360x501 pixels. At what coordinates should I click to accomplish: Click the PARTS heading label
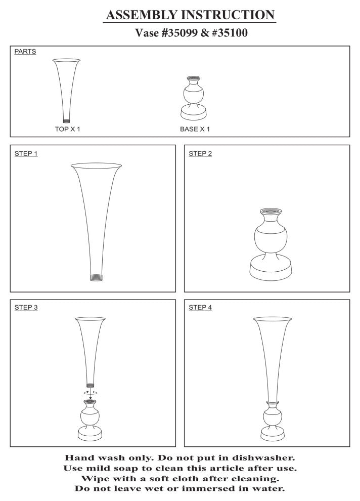[x=25, y=52]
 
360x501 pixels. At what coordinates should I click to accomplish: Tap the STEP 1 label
[x=26, y=154]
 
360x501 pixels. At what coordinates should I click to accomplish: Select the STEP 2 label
[x=200, y=154]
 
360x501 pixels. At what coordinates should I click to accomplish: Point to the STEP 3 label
[x=26, y=307]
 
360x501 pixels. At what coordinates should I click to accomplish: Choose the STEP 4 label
[x=200, y=307]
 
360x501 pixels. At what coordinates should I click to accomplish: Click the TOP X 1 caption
[x=67, y=129]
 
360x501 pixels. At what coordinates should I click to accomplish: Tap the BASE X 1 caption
[x=195, y=129]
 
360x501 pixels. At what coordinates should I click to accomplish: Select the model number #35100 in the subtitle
[x=229, y=33]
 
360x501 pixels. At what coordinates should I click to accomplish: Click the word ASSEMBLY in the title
[x=142, y=15]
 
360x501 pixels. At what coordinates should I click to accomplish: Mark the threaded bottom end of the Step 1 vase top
[x=97, y=277]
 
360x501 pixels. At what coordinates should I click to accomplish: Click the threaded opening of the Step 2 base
[x=271, y=211]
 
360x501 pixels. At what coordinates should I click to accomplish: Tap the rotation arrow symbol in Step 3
[x=91, y=392]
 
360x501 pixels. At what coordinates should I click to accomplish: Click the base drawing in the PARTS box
[x=194, y=98]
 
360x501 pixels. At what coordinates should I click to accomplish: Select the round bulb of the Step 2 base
[x=271, y=238]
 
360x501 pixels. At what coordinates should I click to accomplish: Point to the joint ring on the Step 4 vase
[x=272, y=402]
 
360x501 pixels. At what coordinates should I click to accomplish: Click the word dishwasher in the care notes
[x=263, y=458]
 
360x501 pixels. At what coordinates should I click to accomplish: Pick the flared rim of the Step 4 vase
[x=273, y=319]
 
